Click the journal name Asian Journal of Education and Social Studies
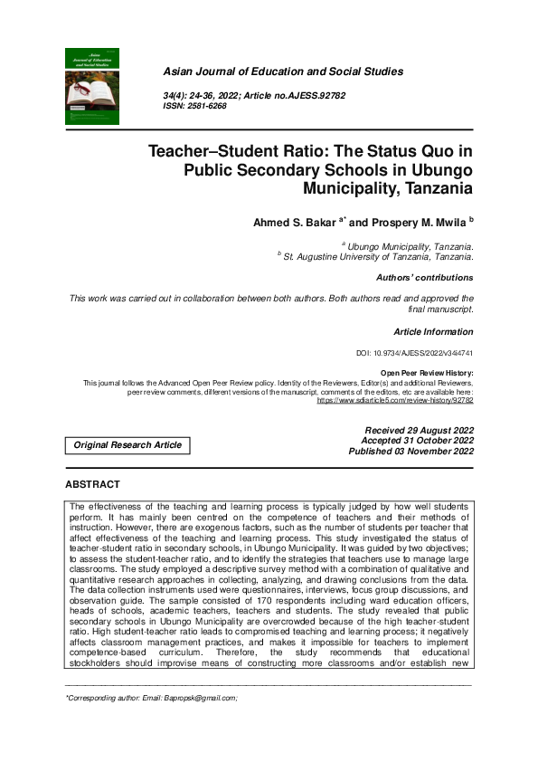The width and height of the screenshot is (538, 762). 283,71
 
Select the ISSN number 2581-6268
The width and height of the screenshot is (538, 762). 207,106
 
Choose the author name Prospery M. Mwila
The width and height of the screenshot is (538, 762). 407,222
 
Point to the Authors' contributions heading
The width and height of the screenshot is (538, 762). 424,278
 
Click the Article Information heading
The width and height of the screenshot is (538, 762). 433,332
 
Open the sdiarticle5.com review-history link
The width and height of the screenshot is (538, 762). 395,399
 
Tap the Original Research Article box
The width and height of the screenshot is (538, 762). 127,445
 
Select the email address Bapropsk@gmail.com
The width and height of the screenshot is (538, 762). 197,699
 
